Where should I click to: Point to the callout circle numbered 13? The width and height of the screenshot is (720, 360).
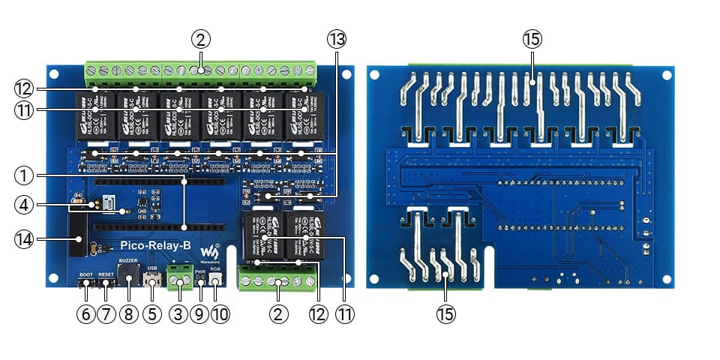[x=335, y=39]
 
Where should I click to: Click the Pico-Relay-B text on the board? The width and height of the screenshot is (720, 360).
[x=155, y=245]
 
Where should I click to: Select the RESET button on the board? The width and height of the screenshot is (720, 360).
[x=106, y=283]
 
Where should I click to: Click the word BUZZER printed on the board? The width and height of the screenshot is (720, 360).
[x=127, y=259]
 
